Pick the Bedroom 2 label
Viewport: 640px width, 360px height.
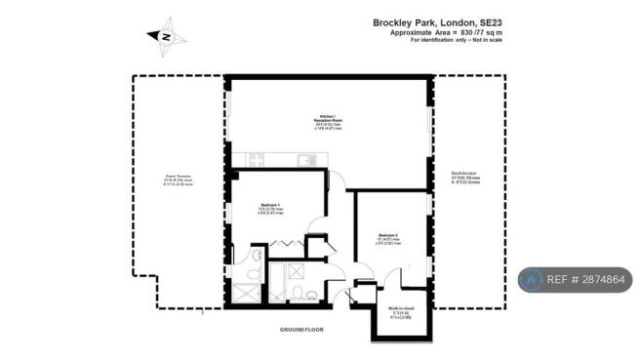[x=388, y=235]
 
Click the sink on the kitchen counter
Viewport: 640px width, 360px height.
[x=259, y=159]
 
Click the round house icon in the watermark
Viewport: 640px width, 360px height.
[x=531, y=280]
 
